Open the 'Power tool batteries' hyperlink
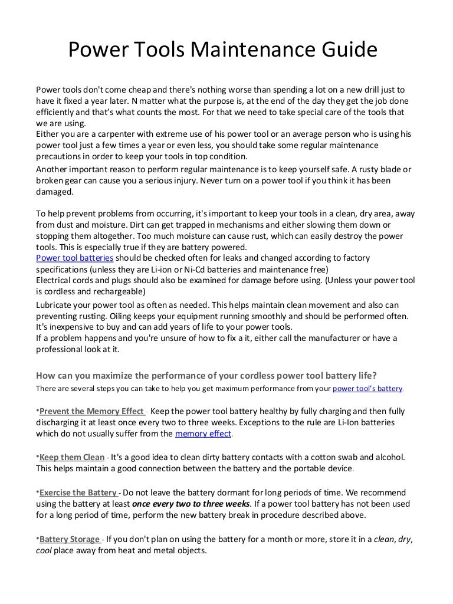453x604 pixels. click(75, 258)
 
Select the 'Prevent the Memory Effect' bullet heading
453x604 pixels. click(92, 411)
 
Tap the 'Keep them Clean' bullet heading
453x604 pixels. click(72, 457)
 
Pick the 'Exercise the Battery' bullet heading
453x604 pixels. click(79, 493)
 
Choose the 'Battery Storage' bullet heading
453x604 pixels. click(70, 539)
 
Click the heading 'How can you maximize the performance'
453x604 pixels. click(206, 375)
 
